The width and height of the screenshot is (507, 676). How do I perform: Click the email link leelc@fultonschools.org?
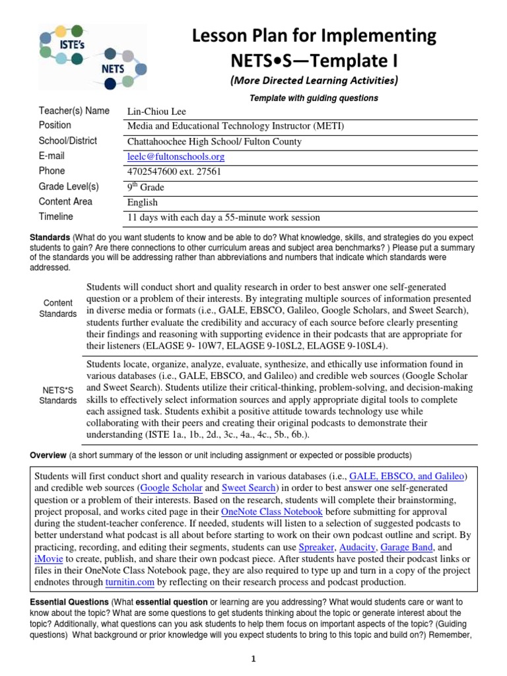(176, 156)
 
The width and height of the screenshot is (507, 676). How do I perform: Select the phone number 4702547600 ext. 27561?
(174, 172)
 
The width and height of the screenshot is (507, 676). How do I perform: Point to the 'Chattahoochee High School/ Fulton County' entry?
(214, 141)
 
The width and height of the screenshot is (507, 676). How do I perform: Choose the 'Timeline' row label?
(56, 217)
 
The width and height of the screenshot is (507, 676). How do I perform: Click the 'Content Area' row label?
(65, 201)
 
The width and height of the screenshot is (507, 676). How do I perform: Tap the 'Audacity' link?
(376, 547)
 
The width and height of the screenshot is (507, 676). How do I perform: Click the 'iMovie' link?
(49, 559)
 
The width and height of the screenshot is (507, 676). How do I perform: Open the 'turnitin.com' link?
(130, 583)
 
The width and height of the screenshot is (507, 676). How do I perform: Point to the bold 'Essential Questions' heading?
(69, 602)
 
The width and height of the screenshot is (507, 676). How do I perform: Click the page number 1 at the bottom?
(253, 658)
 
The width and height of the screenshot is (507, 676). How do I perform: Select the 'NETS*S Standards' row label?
(58, 395)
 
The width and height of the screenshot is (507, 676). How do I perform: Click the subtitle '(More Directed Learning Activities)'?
(314, 81)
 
